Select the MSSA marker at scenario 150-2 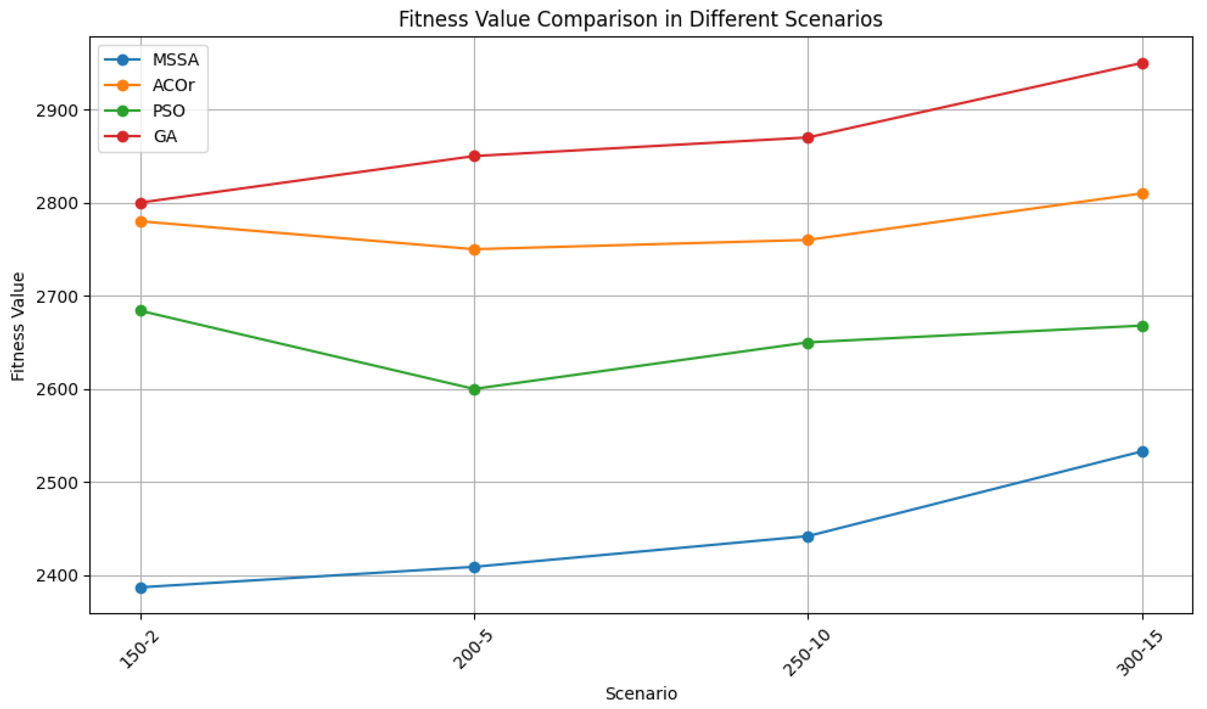[141, 588]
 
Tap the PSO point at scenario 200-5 [475, 390]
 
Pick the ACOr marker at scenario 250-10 [808, 240]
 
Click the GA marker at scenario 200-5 [475, 156]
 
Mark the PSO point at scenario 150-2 [141, 311]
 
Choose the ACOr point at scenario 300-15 [1142, 193]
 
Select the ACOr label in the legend [173, 85]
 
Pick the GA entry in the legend [165, 137]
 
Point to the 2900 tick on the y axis [57, 111]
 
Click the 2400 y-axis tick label [57, 576]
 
